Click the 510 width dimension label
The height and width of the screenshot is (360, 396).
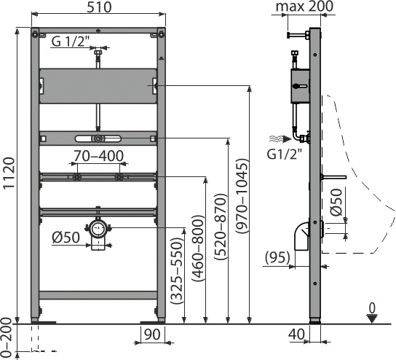point(99,7)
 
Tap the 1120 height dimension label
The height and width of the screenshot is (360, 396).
point(10,173)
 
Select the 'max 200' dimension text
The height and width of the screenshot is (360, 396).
point(304,7)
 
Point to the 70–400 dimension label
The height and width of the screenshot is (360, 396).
point(98,156)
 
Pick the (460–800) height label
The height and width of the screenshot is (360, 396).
point(197,249)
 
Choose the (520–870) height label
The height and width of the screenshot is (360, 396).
point(220,227)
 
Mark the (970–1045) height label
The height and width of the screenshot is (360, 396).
point(242,196)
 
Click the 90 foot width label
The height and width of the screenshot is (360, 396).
point(152,334)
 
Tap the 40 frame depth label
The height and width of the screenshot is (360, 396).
point(296,334)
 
